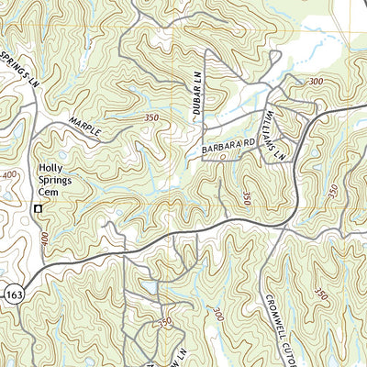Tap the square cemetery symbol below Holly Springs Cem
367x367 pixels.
38,209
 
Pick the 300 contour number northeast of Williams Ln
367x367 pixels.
317,82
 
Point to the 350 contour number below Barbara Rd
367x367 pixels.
247,197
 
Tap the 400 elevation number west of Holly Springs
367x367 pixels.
7,174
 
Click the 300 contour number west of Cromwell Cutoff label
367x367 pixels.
216,315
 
